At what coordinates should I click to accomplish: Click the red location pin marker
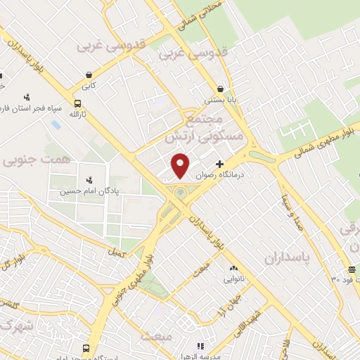(181, 164)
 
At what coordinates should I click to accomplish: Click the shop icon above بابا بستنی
(221, 89)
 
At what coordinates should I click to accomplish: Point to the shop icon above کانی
(89, 75)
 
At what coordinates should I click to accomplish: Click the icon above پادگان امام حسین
(89, 180)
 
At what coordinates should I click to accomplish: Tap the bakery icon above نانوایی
(233, 268)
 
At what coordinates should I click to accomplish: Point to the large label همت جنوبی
(37, 160)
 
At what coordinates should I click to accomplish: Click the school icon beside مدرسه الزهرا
(200, 346)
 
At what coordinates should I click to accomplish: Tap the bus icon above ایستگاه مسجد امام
(86, 348)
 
